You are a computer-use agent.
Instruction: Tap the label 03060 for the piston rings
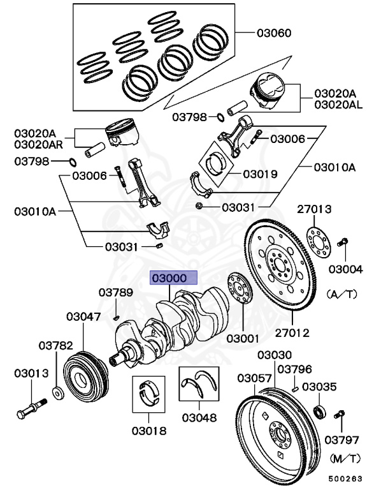point(274,32)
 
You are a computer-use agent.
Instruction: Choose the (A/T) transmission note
point(343,294)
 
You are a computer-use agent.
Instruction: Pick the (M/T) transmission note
point(344,458)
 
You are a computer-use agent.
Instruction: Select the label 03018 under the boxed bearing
point(149,431)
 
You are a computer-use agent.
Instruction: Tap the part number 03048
point(199,418)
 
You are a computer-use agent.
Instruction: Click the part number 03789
point(115,293)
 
